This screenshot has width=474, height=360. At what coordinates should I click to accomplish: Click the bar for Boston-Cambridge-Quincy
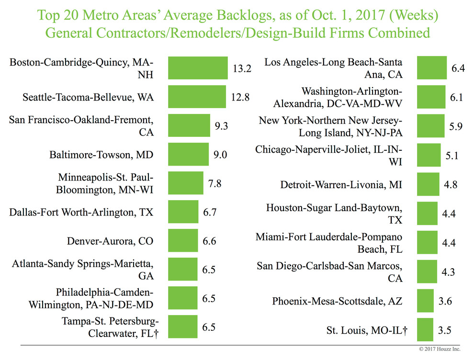197,68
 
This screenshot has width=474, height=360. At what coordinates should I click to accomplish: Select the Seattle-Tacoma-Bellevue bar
196,97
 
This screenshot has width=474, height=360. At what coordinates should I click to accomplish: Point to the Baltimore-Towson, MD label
102,155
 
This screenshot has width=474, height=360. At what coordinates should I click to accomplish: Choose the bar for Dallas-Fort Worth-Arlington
183,212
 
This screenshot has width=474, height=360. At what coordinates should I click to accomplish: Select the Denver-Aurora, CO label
110,241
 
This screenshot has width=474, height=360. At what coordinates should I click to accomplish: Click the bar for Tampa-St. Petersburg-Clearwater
182,327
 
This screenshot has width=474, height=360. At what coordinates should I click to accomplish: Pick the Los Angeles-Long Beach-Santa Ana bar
432,68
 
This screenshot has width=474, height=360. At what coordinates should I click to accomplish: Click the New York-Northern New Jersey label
331,126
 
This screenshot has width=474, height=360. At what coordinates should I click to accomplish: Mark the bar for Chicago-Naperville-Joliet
429,155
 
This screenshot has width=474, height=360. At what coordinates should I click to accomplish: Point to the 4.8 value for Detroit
451,183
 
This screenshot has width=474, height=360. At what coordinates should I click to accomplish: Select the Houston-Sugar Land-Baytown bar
428,214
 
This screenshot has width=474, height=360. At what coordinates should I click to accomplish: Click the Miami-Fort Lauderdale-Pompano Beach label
329,243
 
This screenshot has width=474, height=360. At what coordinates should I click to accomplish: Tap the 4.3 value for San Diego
449,271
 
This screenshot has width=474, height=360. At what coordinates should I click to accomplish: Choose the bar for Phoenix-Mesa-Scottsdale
426,301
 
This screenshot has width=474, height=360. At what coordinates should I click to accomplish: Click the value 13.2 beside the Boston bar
242,68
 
